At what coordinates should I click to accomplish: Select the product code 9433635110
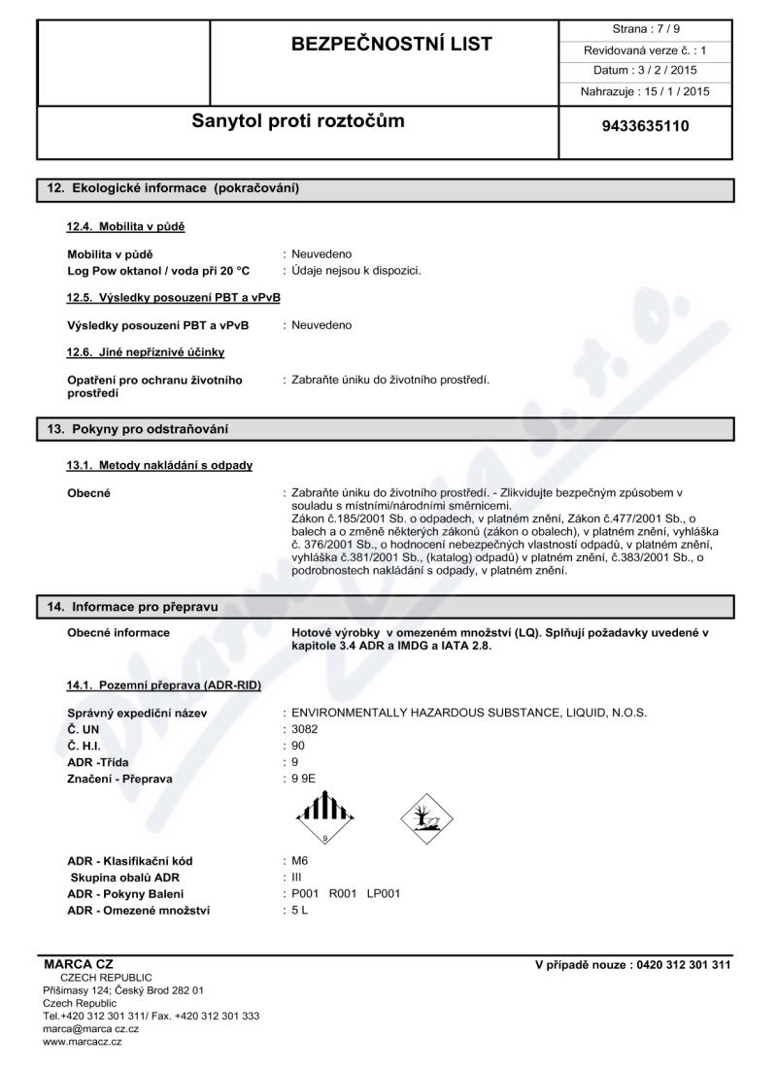pyautogui.click(x=646, y=126)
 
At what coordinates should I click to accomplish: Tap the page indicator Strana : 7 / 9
pyautogui.click(x=646, y=29)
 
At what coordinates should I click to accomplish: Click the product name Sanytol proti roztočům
pyautogui.click(x=298, y=122)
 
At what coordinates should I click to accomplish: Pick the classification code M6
pyautogui.click(x=300, y=860)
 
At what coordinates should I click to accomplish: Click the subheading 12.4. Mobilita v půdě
pyautogui.click(x=125, y=226)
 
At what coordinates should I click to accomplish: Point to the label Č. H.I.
pyautogui.click(x=84, y=744)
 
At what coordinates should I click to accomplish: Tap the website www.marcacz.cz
pyautogui.click(x=83, y=1041)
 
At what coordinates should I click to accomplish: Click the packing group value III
pyautogui.click(x=296, y=877)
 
